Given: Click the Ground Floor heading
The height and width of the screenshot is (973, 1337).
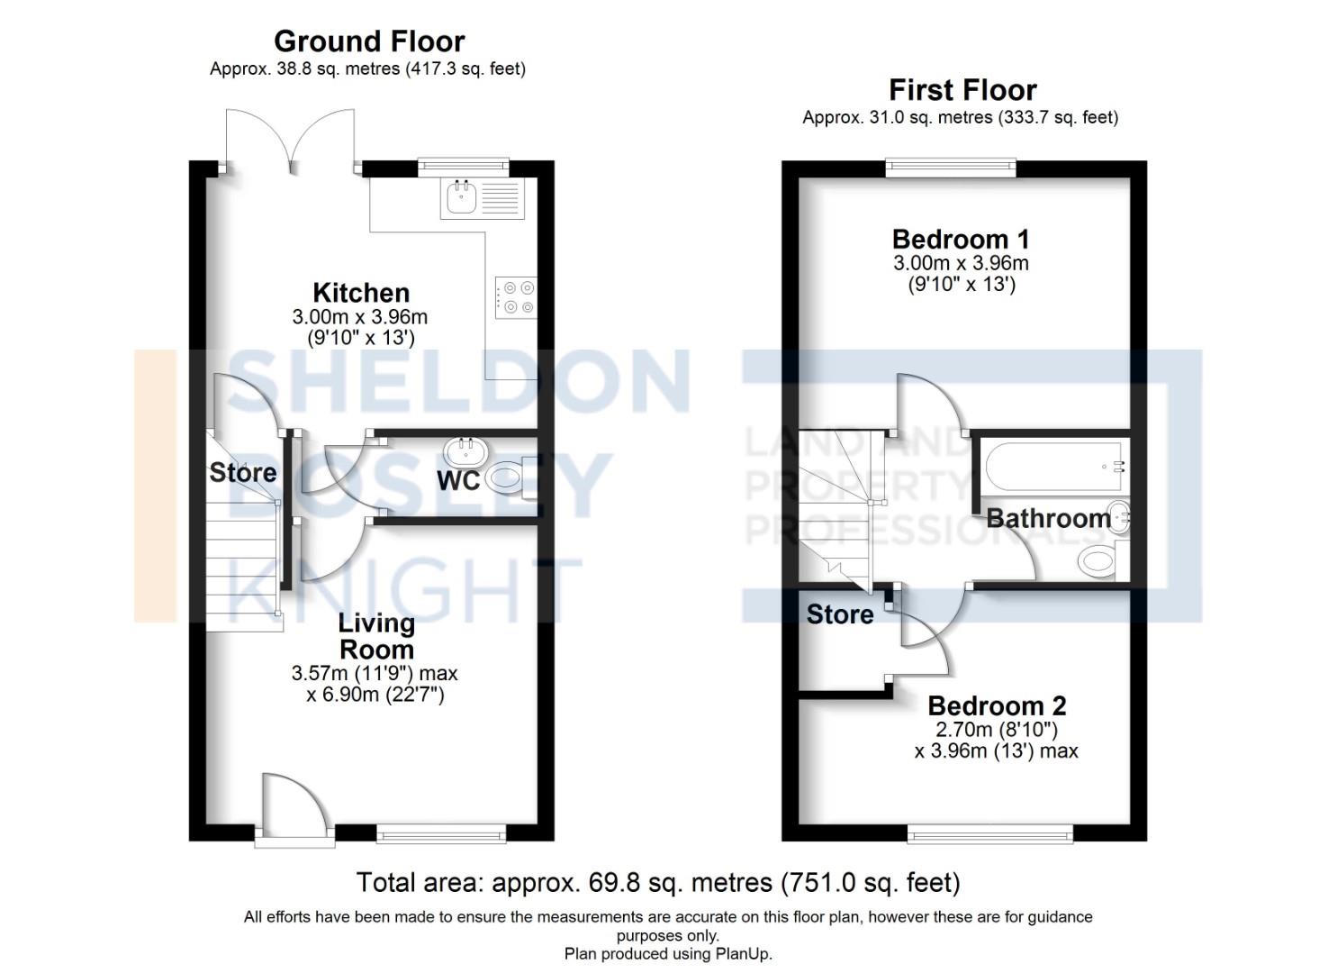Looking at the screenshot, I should pyautogui.click(x=369, y=41).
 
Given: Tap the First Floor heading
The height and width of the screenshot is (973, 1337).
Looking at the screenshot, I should pyautogui.click(x=962, y=90).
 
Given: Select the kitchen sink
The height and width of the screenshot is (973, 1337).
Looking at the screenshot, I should pyautogui.click(x=460, y=198).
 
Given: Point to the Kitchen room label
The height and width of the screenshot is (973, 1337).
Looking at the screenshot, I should pyautogui.click(x=361, y=293).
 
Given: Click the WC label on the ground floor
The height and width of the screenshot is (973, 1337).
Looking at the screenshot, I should pyautogui.click(x=458, y=481).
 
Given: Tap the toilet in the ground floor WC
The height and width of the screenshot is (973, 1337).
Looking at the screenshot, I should pyautogui.click(x=510, y=477).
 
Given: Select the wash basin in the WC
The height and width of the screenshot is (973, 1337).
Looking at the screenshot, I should pyautogui.click(x=465, y=450).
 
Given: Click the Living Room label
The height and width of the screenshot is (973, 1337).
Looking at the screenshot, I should pyautogui.click(x=376, y=636).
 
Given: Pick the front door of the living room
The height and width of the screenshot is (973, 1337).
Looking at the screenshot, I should pyautogui.click(x=294, y=806).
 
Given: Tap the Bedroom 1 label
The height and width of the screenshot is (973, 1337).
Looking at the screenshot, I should pyautogui.click(x=961, y=240).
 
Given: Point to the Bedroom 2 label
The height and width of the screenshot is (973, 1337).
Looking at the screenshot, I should pyautogui.click(x=997, y=705).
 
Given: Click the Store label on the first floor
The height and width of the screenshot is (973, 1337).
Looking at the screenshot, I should pyautogui.click(x=840, y=614).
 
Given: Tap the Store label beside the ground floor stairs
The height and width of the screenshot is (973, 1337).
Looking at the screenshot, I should pyautogui.click(x=242, y=472).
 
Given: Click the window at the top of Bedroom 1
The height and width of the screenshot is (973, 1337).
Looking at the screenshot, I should pyautogui.click(x=951, y=167).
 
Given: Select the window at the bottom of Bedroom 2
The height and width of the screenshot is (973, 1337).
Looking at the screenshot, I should pyautogui.click(x=990, y=834).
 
